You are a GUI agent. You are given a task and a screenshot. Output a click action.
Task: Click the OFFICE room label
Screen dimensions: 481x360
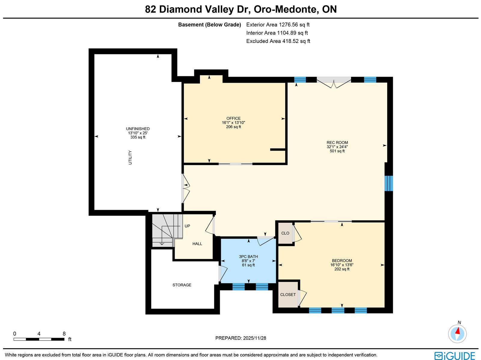233,118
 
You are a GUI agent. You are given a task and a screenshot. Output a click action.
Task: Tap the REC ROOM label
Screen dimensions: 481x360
337,142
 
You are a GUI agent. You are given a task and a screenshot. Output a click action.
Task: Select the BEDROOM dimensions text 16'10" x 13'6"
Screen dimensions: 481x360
342,265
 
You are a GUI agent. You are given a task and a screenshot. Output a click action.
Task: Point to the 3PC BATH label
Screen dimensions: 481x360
248,256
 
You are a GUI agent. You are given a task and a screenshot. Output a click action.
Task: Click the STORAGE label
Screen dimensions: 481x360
182,285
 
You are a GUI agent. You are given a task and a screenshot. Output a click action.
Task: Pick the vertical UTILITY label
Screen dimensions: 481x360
130,157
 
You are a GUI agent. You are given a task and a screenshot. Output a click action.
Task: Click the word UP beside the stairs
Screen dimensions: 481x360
187,226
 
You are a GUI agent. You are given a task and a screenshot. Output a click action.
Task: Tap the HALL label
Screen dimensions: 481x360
197,244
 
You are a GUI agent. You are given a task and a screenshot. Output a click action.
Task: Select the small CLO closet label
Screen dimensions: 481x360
285,233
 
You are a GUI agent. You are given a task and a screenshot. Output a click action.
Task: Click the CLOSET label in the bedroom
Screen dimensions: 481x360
288,294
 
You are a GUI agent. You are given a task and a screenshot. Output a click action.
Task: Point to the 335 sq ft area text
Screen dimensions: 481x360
138,137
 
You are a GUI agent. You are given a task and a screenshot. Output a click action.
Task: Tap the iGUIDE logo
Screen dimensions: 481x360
455,355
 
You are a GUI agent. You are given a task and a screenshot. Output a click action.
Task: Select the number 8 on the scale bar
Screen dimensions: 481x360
64,334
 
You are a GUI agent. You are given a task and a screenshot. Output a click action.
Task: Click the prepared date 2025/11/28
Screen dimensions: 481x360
254,338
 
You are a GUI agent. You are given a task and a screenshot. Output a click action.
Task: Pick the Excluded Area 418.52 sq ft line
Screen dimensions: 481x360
278,41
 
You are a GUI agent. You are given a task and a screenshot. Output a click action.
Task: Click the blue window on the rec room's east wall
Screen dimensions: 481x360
388,183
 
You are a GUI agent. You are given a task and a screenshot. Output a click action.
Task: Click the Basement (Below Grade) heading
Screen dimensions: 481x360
210,25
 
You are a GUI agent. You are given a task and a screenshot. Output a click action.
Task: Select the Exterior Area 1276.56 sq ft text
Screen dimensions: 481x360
278,25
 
